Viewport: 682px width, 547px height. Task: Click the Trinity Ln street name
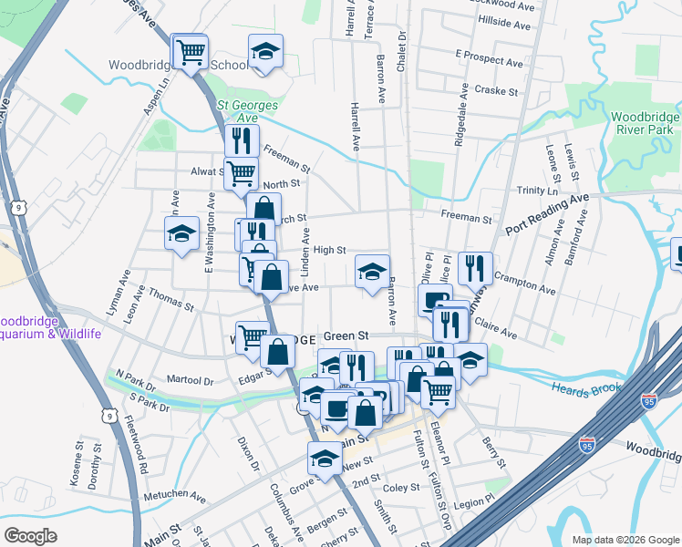pyautogui.click(x=537, y=191)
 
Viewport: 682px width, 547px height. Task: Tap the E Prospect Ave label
pyautogui.click(x=490, y=63)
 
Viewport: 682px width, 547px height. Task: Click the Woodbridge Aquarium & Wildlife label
pyautogui.click(x=50, y=327)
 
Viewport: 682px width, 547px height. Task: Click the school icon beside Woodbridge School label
pyautogui.click(x=265, y=51)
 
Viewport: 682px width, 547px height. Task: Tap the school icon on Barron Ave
pyautogui.click(x=372, y=271)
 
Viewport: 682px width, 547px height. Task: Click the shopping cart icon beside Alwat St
pyautogui.click(x=241, y=170)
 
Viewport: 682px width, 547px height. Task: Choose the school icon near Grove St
pyautogui.click(x=324, y=458)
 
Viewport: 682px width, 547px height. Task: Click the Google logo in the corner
pyautogui.click(x=32, y=536)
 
